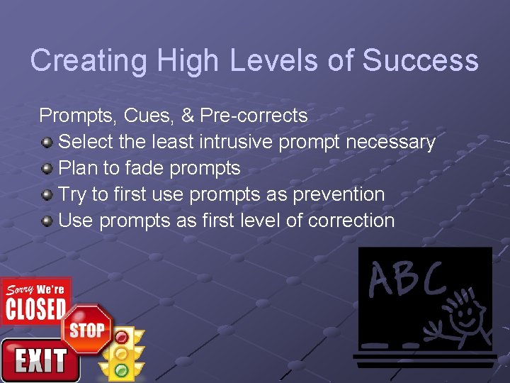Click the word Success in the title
point(420,61)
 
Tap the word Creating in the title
point(88,61)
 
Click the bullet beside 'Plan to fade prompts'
point(47,169)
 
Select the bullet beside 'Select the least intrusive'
point(47,143)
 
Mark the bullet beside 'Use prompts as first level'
point(47,221)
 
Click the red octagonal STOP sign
point(86,330)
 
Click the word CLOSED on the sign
point(35,309)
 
